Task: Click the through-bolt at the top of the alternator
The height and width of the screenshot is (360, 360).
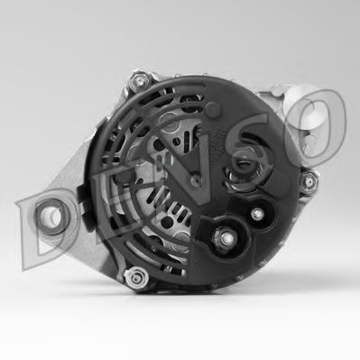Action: pos(139,80)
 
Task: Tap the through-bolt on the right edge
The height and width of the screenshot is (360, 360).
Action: pos(309,181)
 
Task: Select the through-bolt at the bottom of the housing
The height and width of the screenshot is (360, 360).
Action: pos(137,277)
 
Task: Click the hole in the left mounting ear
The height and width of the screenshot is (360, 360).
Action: pos(49,216)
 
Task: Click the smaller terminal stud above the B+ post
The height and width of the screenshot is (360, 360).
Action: pos(257,214)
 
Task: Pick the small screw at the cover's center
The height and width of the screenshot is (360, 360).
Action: pos(197,180)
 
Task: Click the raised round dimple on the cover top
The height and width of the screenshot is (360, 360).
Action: pos(212,109)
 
